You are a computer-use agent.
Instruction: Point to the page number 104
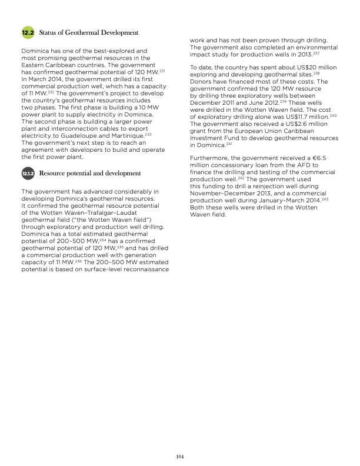click(x=180, y=455)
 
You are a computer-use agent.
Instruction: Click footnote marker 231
click(x=162, y=71)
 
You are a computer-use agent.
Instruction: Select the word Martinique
click(x=124, y=136)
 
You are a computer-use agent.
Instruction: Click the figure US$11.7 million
click(x=304, y=118)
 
